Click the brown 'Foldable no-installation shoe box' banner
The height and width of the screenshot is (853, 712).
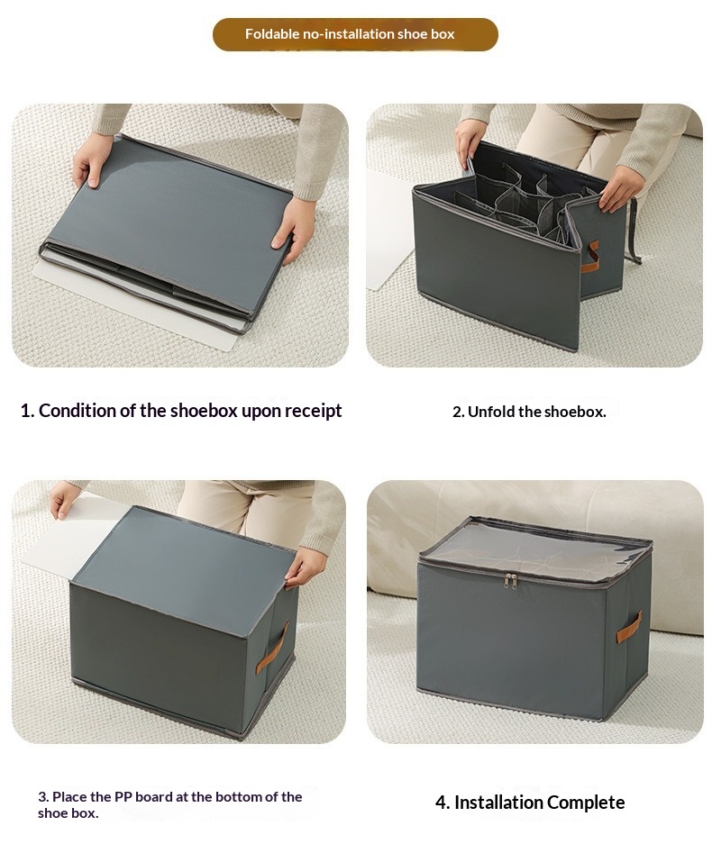(355, 34)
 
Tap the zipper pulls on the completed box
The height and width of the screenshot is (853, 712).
(509, 580)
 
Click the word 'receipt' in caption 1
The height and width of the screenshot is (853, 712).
(313, 410)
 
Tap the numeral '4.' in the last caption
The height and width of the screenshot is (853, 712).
(443, 803)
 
